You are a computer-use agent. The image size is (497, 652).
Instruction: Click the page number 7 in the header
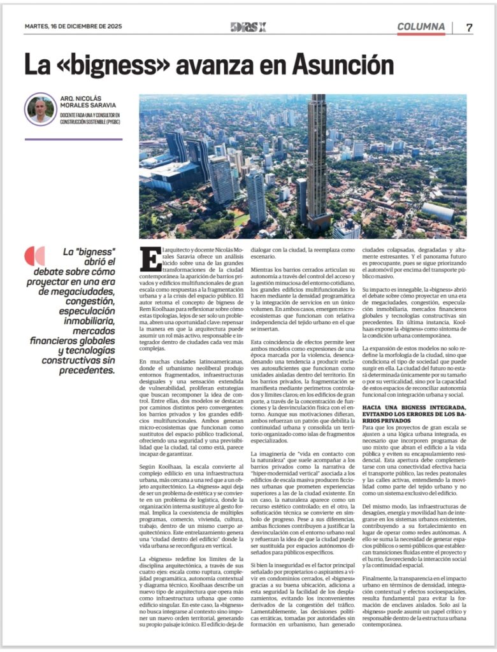pyautogui.click(x=469, y=27)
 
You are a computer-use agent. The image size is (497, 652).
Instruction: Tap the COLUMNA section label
pyautogui.click(x=421, y=27)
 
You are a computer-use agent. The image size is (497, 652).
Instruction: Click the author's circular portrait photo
pyautogui.click(x=41, y=109)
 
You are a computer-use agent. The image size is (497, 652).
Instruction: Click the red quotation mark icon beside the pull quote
pyautogui.click(x=34, y=256)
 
